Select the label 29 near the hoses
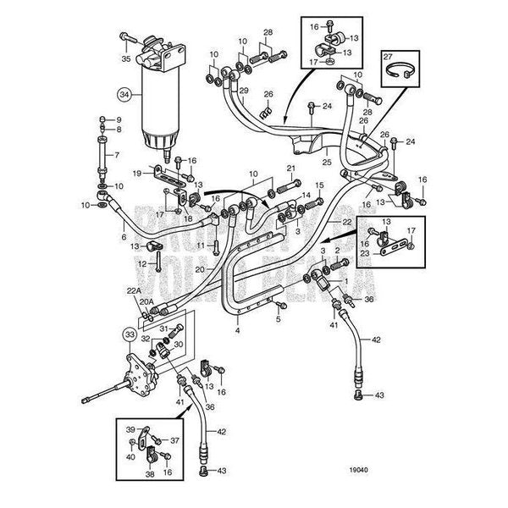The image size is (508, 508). coord(242,91)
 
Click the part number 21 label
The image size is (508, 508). coord(291,168)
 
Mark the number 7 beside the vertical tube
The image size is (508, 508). coord(118,155)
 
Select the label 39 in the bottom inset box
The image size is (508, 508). coord(130,429)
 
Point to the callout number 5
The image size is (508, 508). coord(278,318)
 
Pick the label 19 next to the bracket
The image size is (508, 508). coord(135,173)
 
